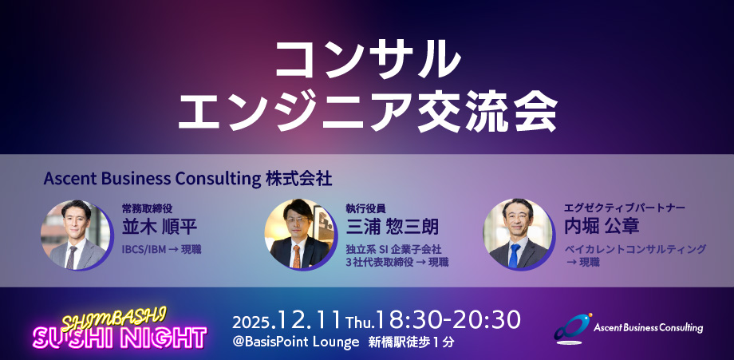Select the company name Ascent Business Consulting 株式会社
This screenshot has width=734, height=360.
pos(187,176)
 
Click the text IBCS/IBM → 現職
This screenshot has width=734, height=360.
pos(161,249)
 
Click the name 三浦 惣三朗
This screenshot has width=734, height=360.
pos(392,226)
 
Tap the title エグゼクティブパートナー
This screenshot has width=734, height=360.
pos(625,207)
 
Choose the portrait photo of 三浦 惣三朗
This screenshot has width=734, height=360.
pos(298,235)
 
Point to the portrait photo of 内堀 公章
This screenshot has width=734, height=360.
pos(518,235)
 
